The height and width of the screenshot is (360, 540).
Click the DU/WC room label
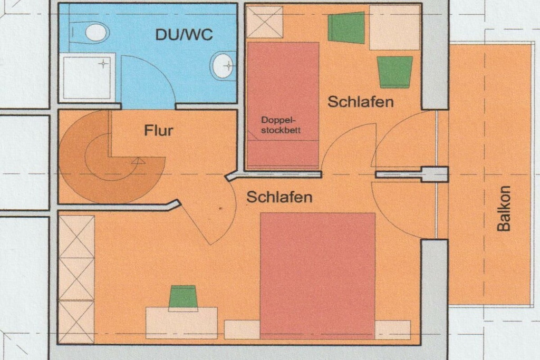tap(184, 35)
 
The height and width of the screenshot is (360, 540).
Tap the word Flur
tap(158, 130)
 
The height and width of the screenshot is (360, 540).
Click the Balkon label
tap(504, 208)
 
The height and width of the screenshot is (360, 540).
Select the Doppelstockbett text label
tap(281, 125)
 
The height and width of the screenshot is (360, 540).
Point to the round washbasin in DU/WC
tap(223, 65)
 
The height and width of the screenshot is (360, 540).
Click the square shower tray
tap(87, 78)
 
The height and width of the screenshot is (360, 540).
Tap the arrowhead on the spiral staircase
tap(138, 160)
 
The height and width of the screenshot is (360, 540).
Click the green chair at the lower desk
tap(182, 297)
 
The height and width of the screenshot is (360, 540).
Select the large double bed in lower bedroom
tap(317, 275)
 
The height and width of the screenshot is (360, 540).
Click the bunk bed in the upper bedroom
tap(283, 105)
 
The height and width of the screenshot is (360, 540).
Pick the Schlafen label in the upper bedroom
tap(360, 102)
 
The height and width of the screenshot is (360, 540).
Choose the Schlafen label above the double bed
tap(279, 197)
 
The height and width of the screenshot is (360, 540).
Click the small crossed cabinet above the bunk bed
tap(265, 22)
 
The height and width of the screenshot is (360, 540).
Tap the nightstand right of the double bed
tap(392, 329)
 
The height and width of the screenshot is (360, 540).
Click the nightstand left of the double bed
tap(242, 329)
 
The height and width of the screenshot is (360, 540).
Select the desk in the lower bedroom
tap(181, 323)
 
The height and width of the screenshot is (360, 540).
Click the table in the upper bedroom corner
tap(394, 27)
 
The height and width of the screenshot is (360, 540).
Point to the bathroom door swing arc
tap(162, 72)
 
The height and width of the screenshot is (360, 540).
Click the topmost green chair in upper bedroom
tap(346, 27)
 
